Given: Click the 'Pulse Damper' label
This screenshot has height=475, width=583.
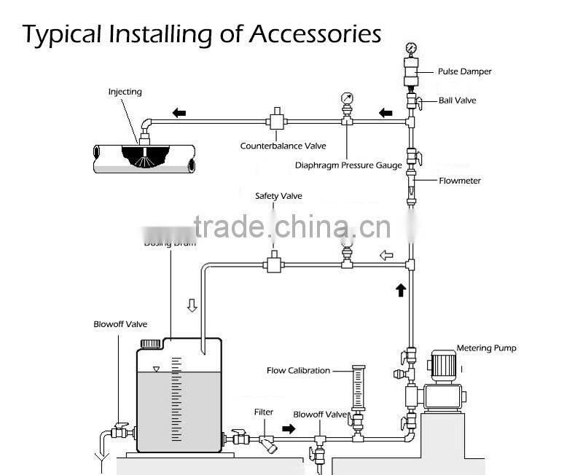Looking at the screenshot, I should coord(464,71).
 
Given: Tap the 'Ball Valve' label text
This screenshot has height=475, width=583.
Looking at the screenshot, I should coord(457,100).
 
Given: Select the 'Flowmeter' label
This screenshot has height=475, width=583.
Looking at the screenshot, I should coord(460,181).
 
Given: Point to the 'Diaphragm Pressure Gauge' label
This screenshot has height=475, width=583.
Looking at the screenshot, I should coord(348,165).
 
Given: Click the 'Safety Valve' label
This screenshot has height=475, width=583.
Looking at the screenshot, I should coord(278,196).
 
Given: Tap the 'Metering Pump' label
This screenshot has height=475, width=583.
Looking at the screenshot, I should coord(486,348).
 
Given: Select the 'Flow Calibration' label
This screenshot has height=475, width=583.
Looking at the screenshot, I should coord(298,371).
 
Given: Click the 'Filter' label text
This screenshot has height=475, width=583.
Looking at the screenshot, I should coord(263,412).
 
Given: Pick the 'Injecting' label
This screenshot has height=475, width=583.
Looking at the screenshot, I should coord(125,92).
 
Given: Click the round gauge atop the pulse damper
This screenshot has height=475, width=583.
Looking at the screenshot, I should coord(410,49).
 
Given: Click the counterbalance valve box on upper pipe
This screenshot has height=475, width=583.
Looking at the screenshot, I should coord(276,120).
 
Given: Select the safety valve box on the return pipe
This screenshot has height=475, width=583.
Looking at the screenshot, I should coord(275,263).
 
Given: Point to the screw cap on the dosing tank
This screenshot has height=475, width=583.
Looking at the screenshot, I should coord(150,343).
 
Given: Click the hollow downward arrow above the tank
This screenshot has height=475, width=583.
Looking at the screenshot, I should coord(192,305).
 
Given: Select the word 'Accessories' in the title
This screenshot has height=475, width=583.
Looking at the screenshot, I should coord(316,34).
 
